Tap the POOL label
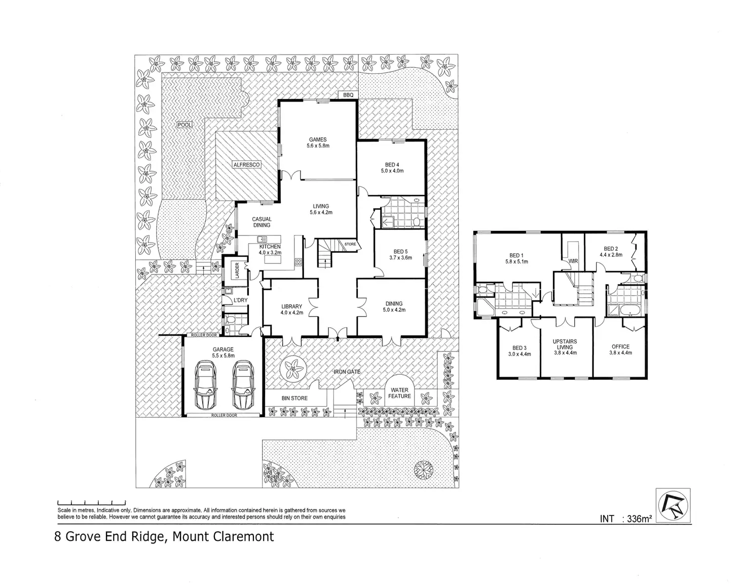185,125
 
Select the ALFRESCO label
246,165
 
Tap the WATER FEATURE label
399,393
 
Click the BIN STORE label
294,398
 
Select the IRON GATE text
347,372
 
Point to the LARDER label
236,270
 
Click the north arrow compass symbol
673,505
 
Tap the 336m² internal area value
639,519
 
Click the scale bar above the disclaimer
91,502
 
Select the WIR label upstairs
574,261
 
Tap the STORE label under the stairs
350,244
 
